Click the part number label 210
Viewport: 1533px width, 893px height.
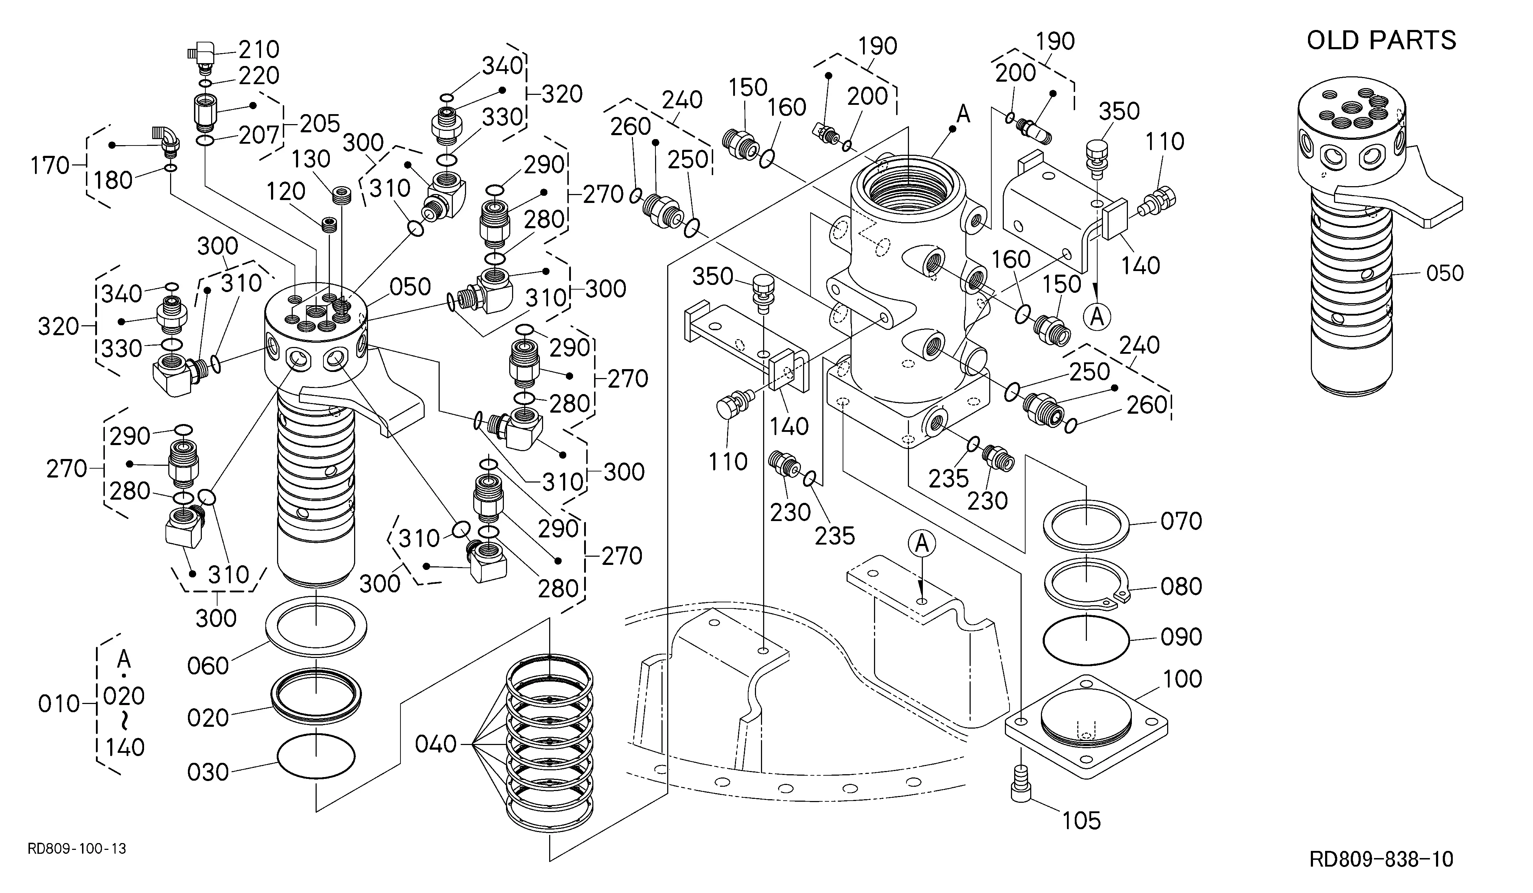[259, 49]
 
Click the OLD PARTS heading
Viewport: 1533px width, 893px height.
[1381, 40]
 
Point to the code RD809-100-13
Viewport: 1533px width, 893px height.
[77, 848]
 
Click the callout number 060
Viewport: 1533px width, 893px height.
[208, 666]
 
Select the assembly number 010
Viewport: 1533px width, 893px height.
[59, 704]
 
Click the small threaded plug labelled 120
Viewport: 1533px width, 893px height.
[329, 224]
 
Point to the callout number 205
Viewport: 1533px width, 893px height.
[320, 123]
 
